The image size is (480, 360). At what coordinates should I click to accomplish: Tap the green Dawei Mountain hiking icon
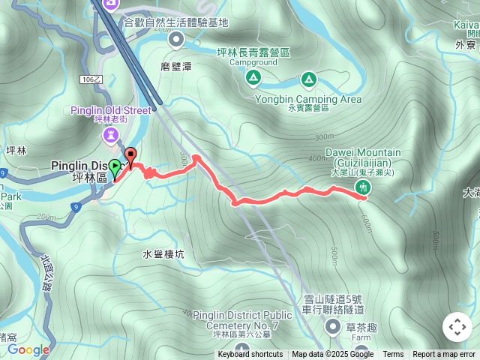point(364,187)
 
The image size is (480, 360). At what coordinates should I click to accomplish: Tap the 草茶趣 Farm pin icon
point(333,325)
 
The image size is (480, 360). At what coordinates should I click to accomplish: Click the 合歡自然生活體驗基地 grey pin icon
point(176,38)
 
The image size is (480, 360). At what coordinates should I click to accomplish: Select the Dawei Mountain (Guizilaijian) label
point(363,157)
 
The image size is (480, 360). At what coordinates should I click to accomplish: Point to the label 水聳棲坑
point(163,254)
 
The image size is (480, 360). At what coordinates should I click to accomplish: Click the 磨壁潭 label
point(176,67)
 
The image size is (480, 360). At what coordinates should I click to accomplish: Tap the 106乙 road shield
point(88,79)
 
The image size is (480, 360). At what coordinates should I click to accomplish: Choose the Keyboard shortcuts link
point(250,355)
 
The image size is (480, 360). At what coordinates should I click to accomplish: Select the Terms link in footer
point(393,355)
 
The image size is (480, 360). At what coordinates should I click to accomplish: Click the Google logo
point(28,349)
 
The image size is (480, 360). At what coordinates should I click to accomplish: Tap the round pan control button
point(457,327)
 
